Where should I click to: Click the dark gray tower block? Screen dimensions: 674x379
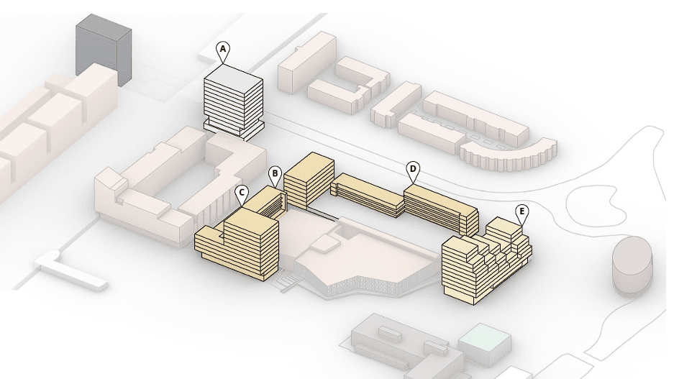click(x=104, y=50)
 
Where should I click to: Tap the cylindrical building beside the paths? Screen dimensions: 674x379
click(x=632, y=265)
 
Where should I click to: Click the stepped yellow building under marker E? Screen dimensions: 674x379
click(x=487, y=261)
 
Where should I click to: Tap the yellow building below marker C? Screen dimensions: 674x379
click(x=237, y=244)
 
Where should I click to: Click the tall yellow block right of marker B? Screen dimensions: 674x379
click(x=309, y=181)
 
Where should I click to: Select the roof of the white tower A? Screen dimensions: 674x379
click(x=233, y=76)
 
